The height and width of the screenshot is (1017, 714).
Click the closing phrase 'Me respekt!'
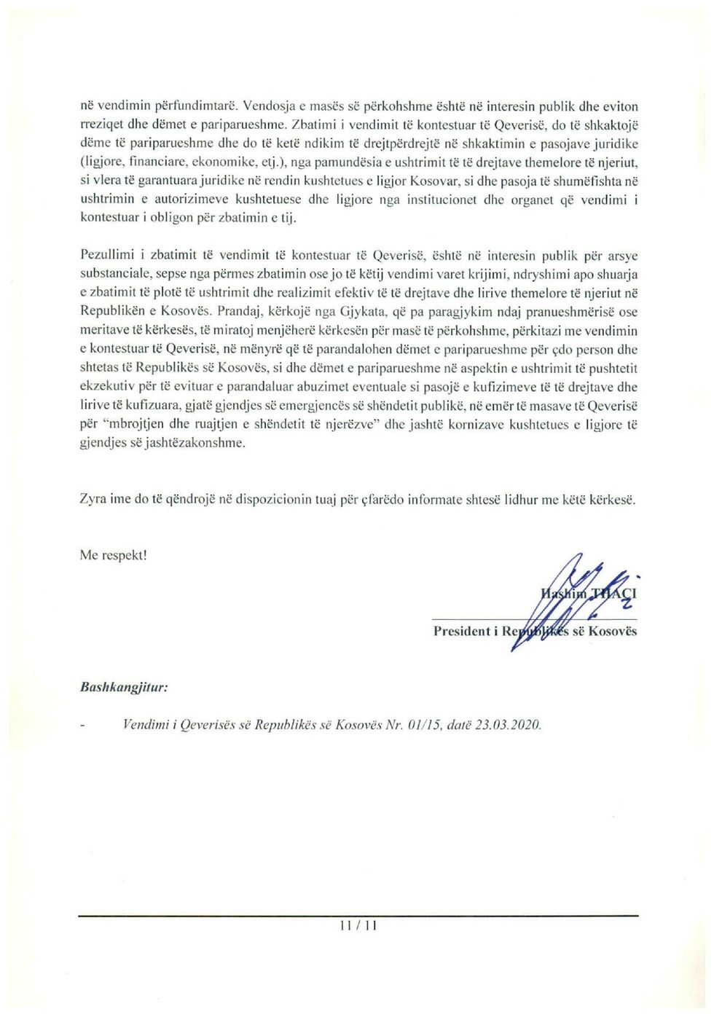113,555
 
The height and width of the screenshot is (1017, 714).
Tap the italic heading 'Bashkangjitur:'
124,687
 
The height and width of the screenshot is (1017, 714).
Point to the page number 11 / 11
358,926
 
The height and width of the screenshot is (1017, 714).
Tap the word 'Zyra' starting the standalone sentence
94,500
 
